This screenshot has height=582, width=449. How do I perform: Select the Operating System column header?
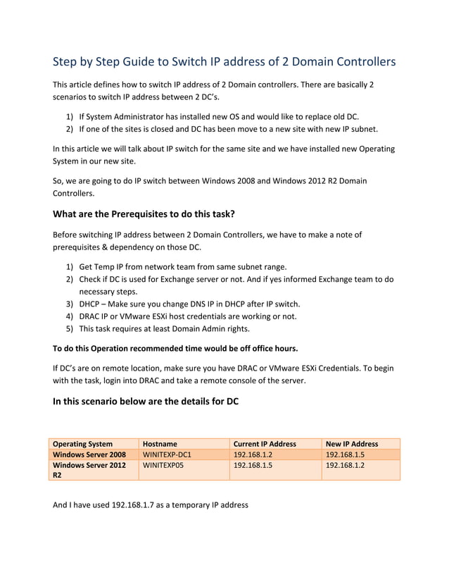pyautogui.click(x=83, y=444)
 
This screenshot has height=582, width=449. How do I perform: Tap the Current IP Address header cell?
pyautogui.click(x=265, y=444)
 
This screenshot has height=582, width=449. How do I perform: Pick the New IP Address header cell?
pyautogui.click(x=352, y=444)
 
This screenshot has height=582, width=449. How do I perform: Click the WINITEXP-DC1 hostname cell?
pyautogui.click(x=167, y=454)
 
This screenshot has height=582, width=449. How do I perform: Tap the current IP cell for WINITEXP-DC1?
pyautogui.click(x=253, y=454)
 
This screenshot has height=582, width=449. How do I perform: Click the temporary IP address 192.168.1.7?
pyautogui.click(x=135, y=505)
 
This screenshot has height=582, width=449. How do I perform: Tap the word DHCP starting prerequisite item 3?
pyautogui.click(x=90, y=304)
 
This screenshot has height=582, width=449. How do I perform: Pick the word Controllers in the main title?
pyautogui.click(x=358, y=62)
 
